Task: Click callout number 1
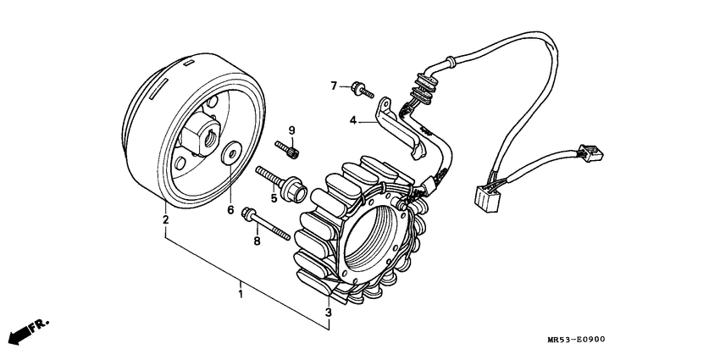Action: point(241,295)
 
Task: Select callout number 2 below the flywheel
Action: point(166,220)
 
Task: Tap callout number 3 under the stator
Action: point(329,313)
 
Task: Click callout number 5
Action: point(274,198)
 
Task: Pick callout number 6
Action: point(230,208)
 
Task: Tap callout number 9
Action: point(291,130)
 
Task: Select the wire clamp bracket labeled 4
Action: point(398,127)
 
